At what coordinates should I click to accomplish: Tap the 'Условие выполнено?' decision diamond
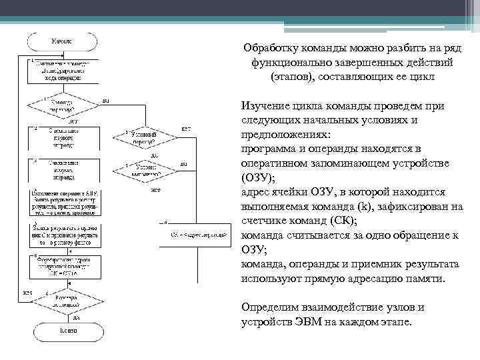pos(144,169)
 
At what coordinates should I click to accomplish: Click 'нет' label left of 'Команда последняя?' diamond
pos(27,292)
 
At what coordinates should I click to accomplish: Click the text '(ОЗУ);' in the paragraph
pos(257,177)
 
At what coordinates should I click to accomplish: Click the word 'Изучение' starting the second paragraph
pos(267,106)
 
